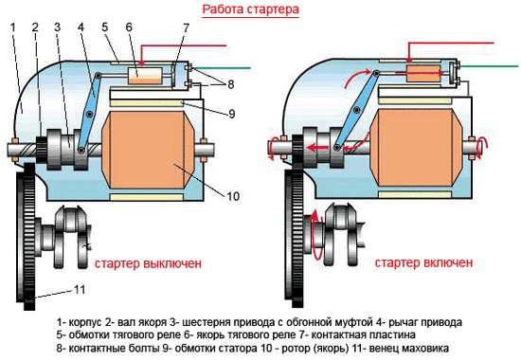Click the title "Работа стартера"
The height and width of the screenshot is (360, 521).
point(251,9)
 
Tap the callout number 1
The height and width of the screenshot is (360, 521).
point(13,27)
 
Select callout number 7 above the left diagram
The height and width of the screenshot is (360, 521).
point(186,27)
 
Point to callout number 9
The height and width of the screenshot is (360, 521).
point(231,114)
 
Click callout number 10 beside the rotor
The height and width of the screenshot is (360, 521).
point(233,196)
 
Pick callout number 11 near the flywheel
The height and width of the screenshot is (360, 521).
point(80,290)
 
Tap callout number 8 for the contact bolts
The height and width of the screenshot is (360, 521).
point(231,84)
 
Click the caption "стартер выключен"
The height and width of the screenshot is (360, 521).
point(148,263)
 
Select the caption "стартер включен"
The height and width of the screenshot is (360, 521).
point(423,262)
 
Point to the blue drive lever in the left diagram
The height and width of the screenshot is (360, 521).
point(89,114)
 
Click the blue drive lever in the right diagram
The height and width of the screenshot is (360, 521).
point(356,110)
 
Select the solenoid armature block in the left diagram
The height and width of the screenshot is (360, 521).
point(145,76)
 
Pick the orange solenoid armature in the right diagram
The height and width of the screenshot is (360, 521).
point(423,74)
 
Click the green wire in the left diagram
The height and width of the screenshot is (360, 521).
point(222,68)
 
